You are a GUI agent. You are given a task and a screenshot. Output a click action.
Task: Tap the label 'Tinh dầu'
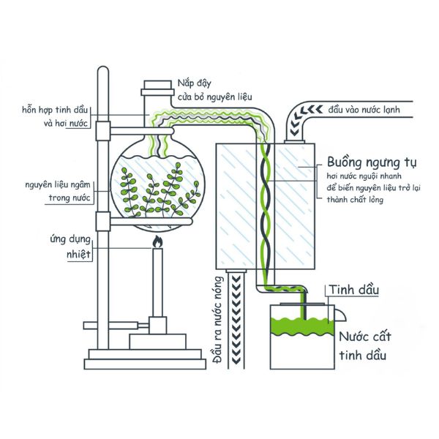[355, 290]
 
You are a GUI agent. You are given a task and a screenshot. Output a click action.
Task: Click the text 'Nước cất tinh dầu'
[362, 347]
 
